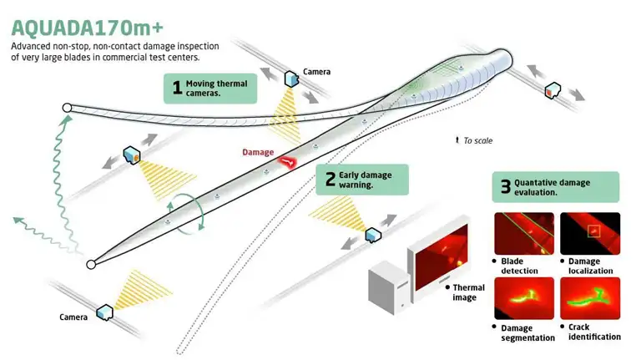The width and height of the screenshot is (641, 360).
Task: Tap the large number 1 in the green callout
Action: click(177, 88)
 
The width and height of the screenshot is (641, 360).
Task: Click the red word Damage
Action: click(257, 152)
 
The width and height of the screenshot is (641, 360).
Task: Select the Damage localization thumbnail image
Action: click(589, 233)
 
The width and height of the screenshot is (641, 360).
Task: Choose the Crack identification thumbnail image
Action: click(589, 297)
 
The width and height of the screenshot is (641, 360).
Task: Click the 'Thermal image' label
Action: click(468, 292)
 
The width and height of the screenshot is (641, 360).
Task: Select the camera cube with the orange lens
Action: click(131, 155)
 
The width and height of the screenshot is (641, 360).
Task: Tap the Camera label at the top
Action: click(316, 72)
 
